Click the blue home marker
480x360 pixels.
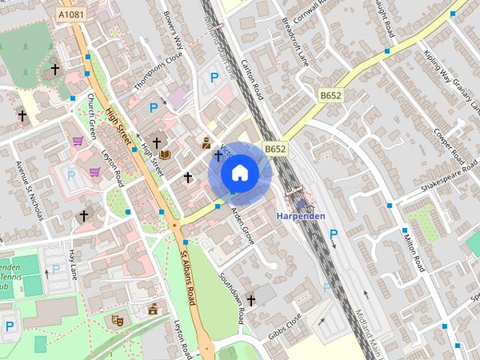pyautogui.click(x=239, y=172)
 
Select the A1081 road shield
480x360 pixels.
pyautogui.click(x=72, y=14)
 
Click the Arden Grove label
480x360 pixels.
pyautogui.click(x=243, y=226)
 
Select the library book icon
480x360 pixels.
pyautogui.click(x=165, y=154)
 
